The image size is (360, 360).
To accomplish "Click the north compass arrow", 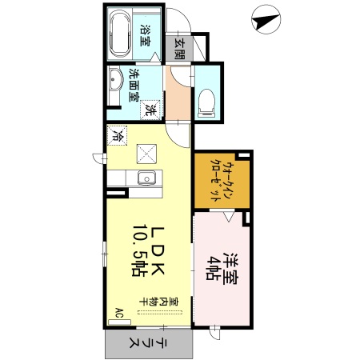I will point(265,18).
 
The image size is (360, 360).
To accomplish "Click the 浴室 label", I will point(146,36).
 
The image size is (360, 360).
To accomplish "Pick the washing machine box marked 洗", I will point(150,110).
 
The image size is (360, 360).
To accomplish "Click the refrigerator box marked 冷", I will point(117,137).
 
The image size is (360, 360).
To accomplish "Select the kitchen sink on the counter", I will point(146,178).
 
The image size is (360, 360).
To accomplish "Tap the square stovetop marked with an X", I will point(146,152).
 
